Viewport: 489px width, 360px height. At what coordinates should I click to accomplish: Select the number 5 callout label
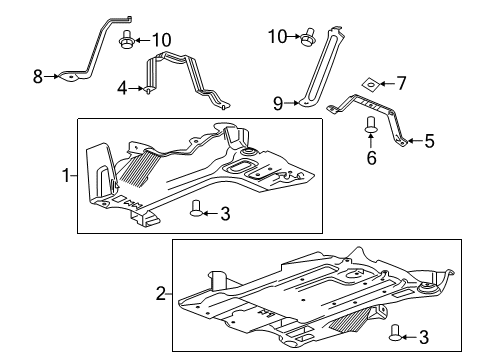click(x=429, y=142)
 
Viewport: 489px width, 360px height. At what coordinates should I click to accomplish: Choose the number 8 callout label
click(x=38, y=75)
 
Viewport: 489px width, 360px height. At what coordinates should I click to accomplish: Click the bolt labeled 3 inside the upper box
click(x=196, y=208)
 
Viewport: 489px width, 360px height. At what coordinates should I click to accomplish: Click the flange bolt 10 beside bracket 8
click(x=127, y=41)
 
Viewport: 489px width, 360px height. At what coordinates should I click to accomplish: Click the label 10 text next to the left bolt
click(x=161, y=40)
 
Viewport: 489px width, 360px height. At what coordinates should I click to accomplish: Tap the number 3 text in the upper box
click(x=226, y=211)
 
